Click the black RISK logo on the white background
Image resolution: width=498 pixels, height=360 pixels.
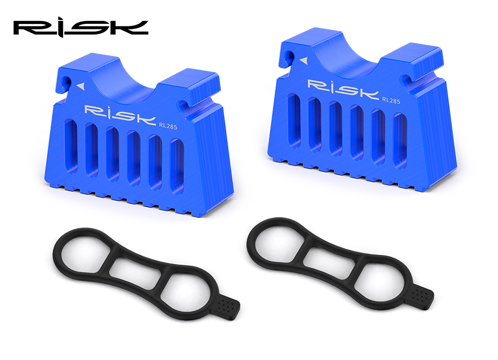(x=81, y=27)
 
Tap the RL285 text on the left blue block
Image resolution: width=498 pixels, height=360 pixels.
(x=168, y=126)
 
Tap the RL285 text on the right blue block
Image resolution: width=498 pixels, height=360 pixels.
(x=391, y=100)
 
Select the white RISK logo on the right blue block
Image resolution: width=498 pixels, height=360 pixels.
(x=343, y=89)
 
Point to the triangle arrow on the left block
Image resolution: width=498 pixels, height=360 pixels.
(x=81, y=86)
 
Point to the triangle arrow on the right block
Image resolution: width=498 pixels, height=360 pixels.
(x=304, y=60)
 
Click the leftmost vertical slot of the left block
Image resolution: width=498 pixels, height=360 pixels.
(x=71, y=147)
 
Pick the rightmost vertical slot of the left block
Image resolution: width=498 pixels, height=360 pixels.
(x=177, y=166)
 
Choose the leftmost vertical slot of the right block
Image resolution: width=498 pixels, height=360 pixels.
(x=294, y=121)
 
